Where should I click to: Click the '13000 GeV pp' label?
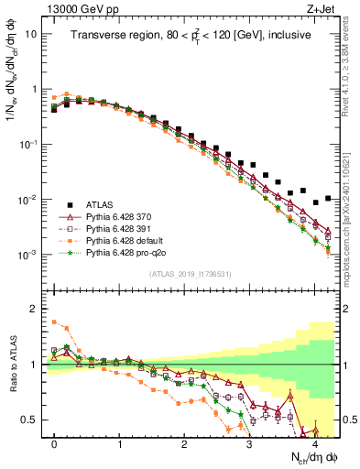[x=81, y=8]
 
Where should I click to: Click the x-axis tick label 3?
[x=249, y=442]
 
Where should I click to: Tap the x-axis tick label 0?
[x=54, y=442]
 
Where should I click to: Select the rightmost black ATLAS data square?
[x=328, y=198]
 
